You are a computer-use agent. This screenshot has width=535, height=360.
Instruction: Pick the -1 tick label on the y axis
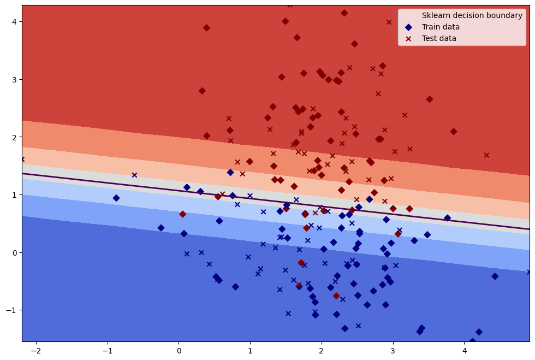11,310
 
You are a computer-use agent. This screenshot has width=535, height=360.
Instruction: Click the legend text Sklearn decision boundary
472,15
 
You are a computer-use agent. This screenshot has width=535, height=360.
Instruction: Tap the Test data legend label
439,38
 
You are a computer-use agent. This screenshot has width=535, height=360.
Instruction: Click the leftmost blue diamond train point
116,198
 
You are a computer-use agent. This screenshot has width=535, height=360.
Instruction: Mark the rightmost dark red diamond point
453,132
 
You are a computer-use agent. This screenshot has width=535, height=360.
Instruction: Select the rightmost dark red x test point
486,155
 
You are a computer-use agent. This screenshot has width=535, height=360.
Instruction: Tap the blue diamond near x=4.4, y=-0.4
495,276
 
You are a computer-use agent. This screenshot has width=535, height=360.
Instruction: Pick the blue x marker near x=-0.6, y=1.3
134,175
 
